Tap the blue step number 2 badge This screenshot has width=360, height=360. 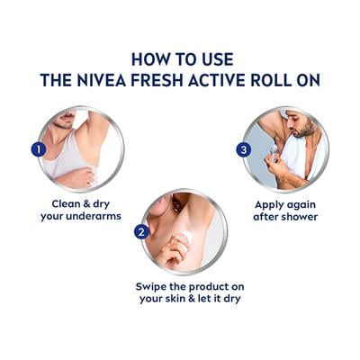[140, 232]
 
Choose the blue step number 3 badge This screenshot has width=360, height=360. [244, 149]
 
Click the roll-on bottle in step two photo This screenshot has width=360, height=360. [186, 239]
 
